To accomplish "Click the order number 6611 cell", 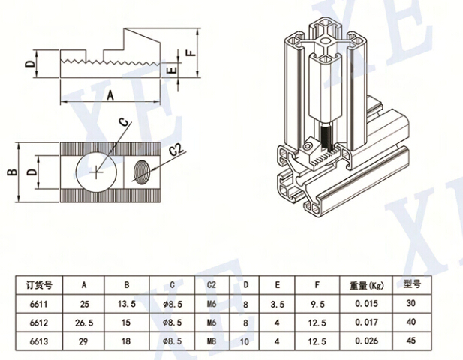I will [x=38, y=304].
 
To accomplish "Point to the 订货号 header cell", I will [x=38, y=285].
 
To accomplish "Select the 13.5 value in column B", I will [x=128, y=304].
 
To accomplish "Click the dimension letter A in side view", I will [x=110, y=94].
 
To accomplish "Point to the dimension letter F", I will [x=191, y=53].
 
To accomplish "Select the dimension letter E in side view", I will [x=171, y=70].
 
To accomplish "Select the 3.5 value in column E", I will [x=278, y=304].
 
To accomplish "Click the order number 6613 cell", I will [x=38, y=342].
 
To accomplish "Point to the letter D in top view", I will [x=31, y=172].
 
